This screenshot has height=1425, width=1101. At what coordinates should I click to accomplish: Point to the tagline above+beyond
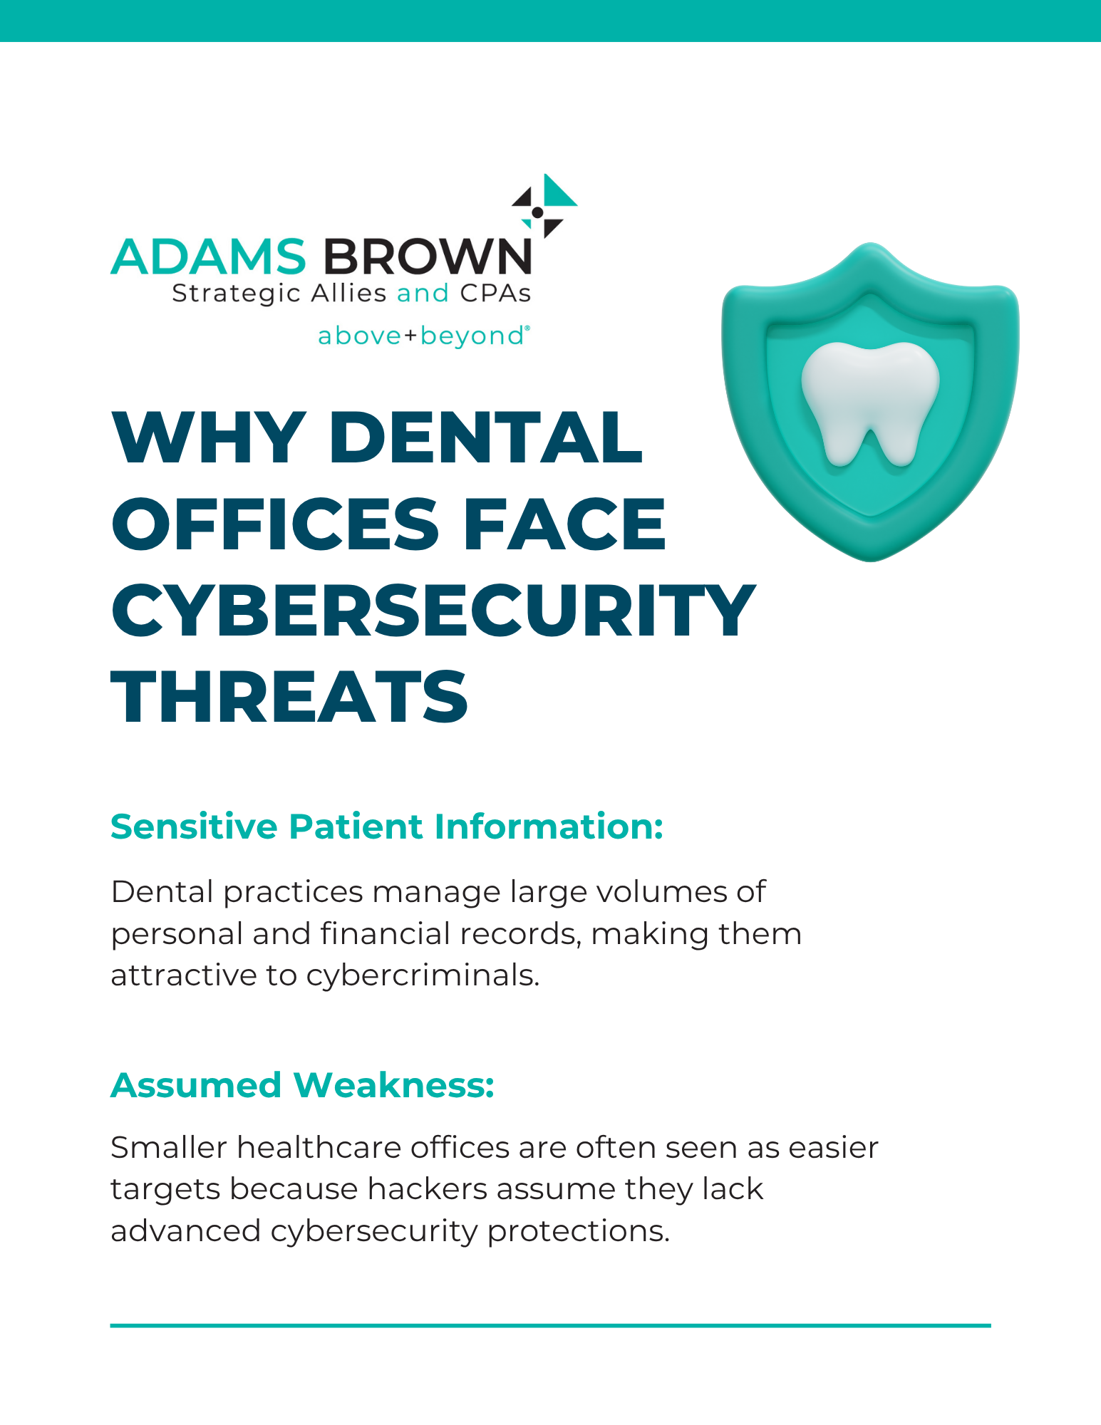[423, 336]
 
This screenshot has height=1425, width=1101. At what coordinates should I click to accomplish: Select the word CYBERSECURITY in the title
[433, 611]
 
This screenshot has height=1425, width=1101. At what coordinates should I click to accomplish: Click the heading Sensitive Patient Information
[387, 827]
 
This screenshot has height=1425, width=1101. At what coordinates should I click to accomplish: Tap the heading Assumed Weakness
[302, 1085]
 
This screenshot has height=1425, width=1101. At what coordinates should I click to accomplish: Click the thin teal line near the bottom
[550, 1325]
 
